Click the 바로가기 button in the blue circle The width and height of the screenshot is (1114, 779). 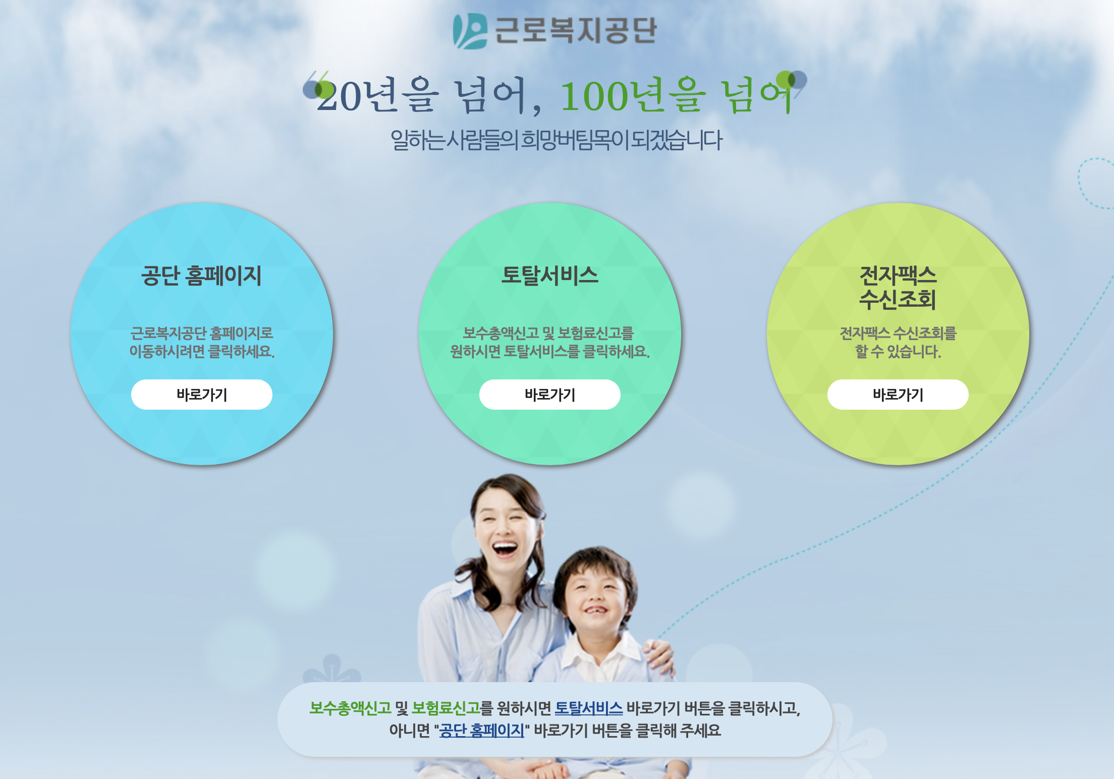pos(202,395)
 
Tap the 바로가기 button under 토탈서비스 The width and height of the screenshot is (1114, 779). pos(550,395)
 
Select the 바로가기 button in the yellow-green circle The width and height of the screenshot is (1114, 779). pos(898,395)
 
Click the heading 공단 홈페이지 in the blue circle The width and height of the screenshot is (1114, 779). pos(201,275)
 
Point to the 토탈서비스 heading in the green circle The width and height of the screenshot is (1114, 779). pos(550,275)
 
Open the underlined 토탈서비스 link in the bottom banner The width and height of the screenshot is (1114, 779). pos(589,708)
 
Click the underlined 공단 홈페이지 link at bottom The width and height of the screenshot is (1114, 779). pos(482,731)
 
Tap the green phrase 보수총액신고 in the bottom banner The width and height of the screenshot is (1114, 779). pos(350,708)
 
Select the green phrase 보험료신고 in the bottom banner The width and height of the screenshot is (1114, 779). pos(445,708)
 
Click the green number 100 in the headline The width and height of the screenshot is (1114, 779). pos(594,96)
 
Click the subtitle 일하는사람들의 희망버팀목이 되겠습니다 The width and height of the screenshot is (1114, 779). pos(556,140)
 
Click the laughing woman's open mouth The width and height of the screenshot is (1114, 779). pos(505,548)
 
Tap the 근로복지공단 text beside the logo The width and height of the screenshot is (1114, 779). pos(575,30)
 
